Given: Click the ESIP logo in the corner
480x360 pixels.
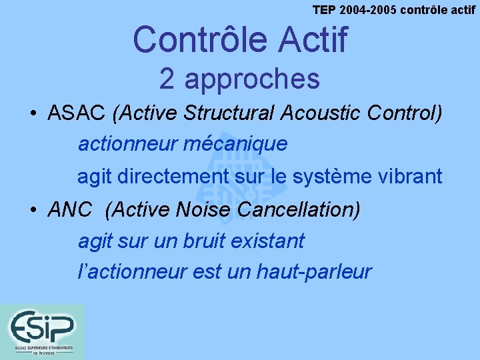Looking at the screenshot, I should coord(42,331).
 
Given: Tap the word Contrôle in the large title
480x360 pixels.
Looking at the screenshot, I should coord(191,39).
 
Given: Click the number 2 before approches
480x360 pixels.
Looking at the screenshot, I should coord(167,79).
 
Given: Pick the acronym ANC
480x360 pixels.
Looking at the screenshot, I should coord(70,210).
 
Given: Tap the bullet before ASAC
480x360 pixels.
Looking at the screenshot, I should coord(33,113).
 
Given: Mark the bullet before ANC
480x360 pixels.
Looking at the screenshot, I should coord(33,211).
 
